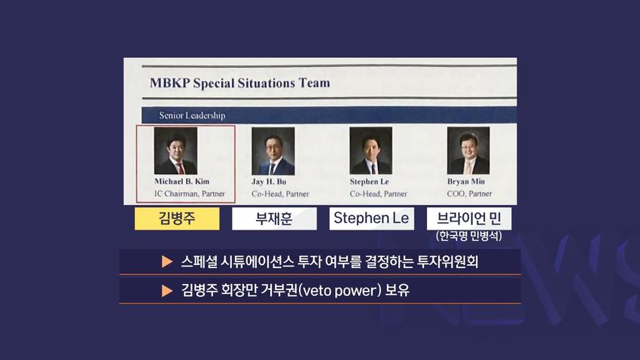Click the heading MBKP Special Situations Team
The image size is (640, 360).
239,83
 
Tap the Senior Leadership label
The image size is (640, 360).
192,115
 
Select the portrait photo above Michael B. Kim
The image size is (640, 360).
175,150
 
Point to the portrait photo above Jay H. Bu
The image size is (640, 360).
273,151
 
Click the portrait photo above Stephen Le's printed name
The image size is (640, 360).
371,150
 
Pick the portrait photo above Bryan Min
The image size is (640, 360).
468,150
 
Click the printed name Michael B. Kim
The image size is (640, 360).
182,182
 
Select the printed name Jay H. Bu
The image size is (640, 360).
269,182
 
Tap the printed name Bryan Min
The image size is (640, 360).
466,182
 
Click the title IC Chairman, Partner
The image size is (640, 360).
190,194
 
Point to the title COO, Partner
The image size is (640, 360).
469,194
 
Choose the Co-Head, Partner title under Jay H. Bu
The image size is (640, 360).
280,194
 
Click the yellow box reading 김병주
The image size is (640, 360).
177,218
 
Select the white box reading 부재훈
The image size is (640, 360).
274,218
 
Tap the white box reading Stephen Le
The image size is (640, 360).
371,218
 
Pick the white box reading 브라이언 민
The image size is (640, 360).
469,218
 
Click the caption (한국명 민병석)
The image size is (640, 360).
469,236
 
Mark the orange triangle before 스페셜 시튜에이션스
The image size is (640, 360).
167,261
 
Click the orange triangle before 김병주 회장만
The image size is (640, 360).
167,291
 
